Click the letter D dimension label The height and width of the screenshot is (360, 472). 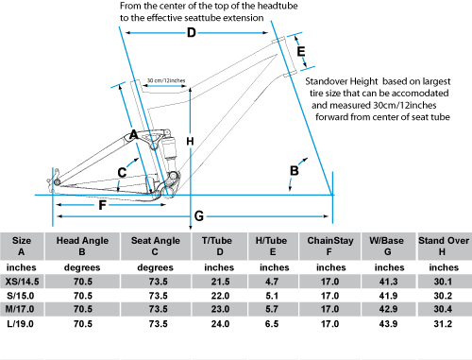192,32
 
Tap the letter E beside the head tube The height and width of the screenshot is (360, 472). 301,51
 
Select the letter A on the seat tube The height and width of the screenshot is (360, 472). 134,135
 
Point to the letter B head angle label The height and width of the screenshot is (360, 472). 295,171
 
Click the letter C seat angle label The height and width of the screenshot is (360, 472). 122,173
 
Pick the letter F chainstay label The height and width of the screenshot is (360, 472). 102,205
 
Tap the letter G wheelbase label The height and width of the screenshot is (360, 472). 199,216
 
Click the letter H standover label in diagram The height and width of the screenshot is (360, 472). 190,142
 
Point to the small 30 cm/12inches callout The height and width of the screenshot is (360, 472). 166,80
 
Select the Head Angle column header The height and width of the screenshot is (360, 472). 82,241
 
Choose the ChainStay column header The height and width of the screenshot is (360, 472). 330,241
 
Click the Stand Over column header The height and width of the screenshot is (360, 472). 444,241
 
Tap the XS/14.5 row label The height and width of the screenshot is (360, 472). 22,282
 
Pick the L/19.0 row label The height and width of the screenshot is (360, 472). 20,324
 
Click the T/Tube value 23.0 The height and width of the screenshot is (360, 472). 220,309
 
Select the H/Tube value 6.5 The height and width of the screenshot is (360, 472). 272,324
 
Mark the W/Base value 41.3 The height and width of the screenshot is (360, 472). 388,282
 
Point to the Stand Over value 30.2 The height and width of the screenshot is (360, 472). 443,296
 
